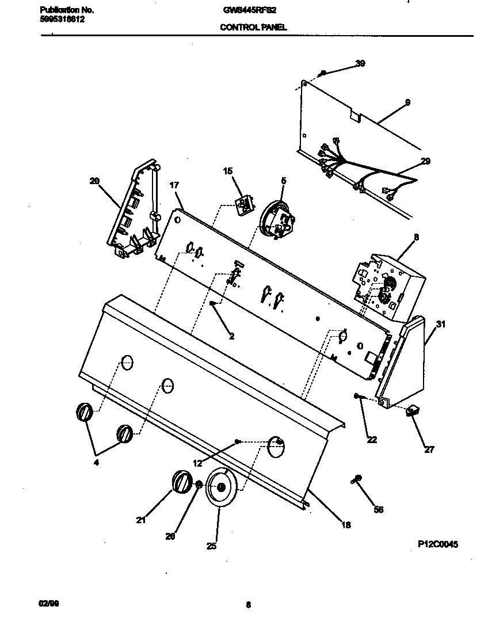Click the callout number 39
click(x=360, y=63)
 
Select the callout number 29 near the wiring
click(x=425, y=161)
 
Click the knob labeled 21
click(x=181, y=481)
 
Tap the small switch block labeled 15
click(x=244, y=203)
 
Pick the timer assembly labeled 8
click(x=389, y=286)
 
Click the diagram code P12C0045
click(x=438, y=543)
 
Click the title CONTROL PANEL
click(x=253, y=27)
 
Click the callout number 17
click(x=174, y=185)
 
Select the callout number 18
click(x=345, y=524)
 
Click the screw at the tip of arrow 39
click(x=323, y=73)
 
